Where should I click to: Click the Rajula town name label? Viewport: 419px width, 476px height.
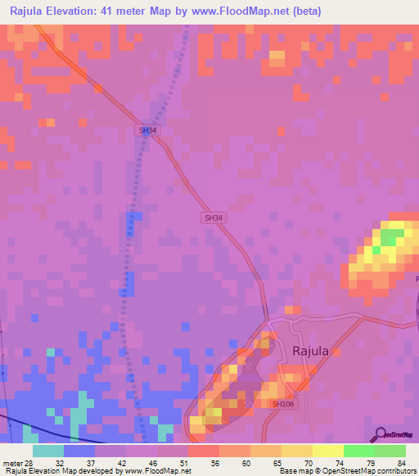pos(310,351)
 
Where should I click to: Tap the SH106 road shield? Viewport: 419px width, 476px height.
pos(283,404)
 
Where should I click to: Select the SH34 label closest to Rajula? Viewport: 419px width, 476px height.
pos(213,218)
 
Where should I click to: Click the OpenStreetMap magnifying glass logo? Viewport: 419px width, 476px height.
pos(381,434)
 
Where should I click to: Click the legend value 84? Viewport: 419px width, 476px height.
pos(401,462)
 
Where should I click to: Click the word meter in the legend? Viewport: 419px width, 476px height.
pos(12,462)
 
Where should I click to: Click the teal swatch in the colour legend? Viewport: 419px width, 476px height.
pos(48,451)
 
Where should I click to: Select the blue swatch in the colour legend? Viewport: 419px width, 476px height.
pos(79,451)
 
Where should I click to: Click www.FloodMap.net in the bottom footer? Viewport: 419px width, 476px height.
pos(155,471)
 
